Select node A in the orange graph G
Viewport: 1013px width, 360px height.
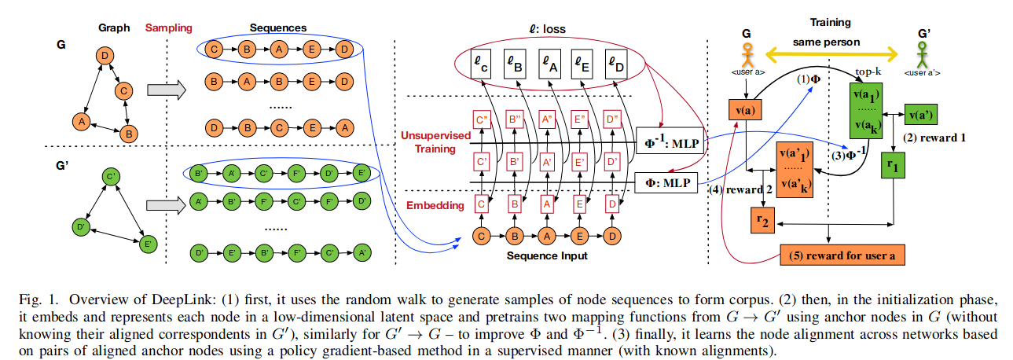click(79, 122)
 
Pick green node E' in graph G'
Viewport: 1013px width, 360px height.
click(147, 244)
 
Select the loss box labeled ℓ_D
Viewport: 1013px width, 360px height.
click(618, 62)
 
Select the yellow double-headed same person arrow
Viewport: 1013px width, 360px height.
click(831, 53)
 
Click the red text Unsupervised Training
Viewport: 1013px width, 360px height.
click(431, 142)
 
